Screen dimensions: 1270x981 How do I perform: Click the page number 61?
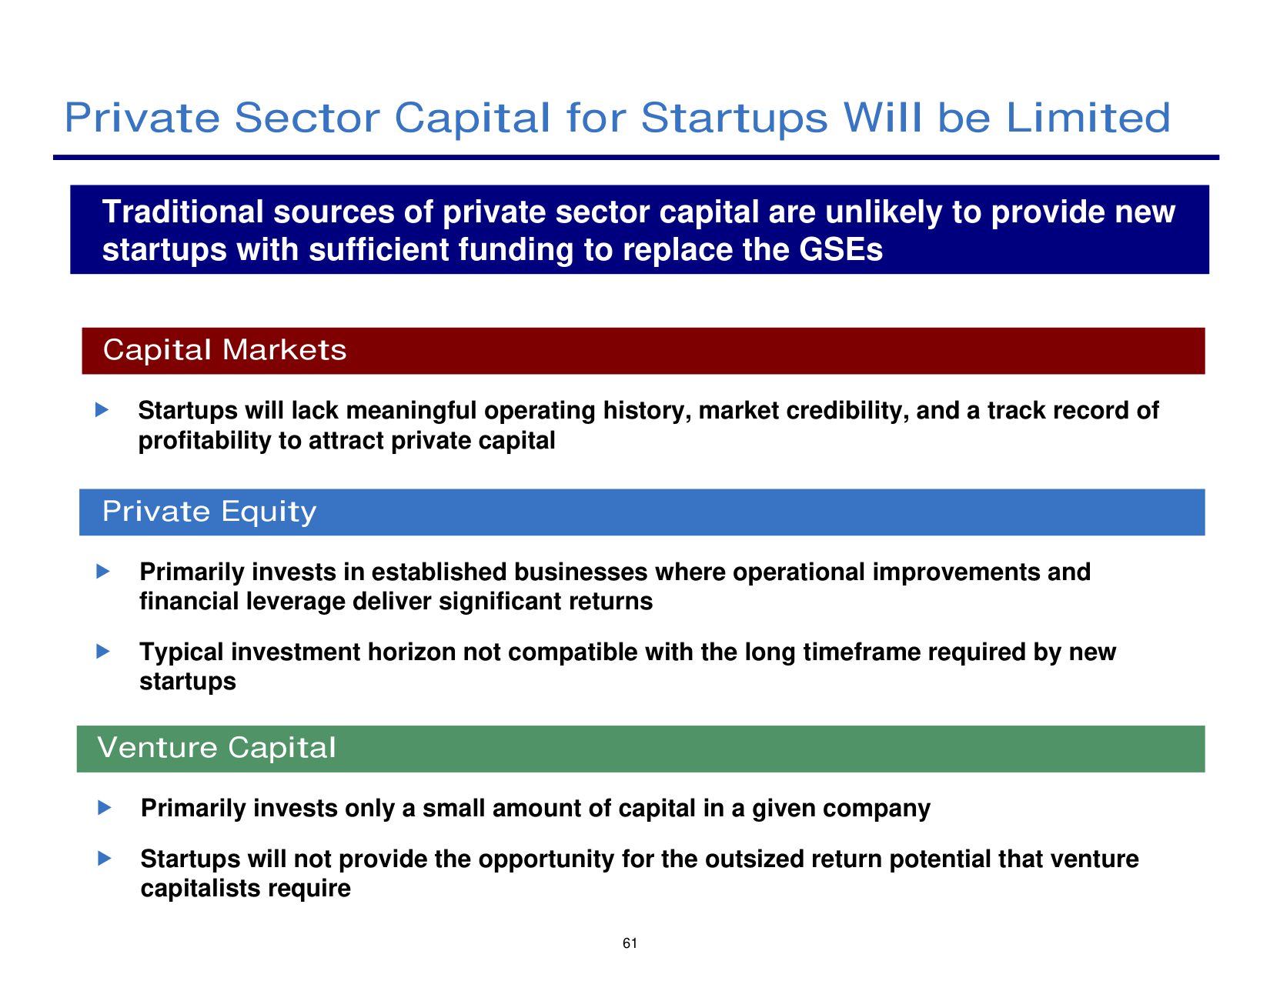[x=630, y=943]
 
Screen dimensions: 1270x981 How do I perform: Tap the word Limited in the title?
[x=1088, y=118]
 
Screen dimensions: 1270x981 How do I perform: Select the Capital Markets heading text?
[x=225, y=350]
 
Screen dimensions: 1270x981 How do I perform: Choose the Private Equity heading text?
[x=209, y=512]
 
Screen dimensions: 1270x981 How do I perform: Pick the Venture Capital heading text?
[x=216, y=747]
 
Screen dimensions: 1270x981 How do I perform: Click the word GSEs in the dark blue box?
[x=841, y=249]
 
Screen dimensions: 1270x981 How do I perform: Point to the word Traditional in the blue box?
[x=183, y=212]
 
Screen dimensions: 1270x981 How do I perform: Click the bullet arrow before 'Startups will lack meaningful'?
[x=102, y=409]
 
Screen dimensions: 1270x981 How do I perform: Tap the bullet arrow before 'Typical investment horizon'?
[x=103, y=651]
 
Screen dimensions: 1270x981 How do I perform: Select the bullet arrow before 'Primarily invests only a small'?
[x=104, y=807]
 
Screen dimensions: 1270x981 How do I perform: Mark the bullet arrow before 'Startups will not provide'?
[x=104, y=858]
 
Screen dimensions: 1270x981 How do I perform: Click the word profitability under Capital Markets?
[x=205, y=441]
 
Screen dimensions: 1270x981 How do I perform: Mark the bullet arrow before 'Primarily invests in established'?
[x=103, y=571]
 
